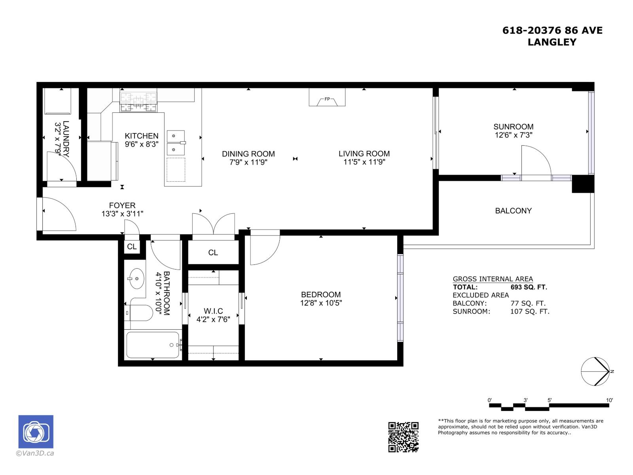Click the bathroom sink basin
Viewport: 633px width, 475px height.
(136, 279)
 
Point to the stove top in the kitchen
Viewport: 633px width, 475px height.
(138, 101)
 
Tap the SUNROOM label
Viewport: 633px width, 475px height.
(513, 127)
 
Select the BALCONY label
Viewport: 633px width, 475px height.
(513, 211)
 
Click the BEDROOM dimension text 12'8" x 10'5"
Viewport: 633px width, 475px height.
(320, 303)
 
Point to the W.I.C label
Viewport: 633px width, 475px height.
(213, 311)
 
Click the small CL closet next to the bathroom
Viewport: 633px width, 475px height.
(132, 247)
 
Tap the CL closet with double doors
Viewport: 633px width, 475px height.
(213, 253)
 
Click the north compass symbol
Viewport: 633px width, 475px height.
(595, 371)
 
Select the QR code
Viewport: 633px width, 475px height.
(403, 437)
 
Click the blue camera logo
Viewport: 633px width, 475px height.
(36, 432)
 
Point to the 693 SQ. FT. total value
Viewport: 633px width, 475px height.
(529, 287)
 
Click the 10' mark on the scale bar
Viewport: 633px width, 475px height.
(609, 401)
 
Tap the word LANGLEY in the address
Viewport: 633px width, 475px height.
(552, 42)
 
